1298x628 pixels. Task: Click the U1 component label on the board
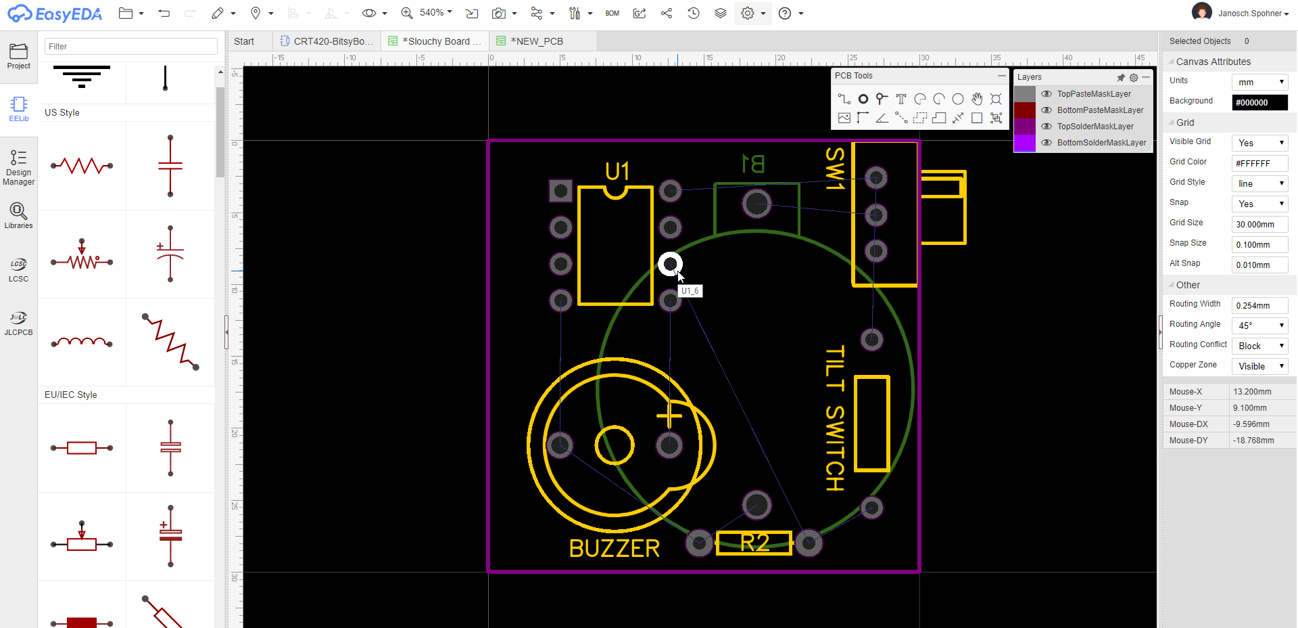617,172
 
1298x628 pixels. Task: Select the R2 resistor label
754,543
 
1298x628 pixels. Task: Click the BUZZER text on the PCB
614,548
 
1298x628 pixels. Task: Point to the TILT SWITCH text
835,418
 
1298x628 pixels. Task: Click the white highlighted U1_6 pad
670,264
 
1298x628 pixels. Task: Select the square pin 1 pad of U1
560,191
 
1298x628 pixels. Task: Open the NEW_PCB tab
537,41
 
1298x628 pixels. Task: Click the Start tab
244,41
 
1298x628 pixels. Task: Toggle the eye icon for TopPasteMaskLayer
1047,94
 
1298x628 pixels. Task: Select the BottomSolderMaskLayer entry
1101,143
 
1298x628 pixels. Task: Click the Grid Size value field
1259,224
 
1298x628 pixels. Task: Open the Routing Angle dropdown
1259,326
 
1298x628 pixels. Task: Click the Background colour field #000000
1259,102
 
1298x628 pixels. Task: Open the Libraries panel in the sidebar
18,216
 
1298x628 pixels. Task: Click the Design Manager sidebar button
18,167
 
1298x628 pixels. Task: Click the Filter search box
131,47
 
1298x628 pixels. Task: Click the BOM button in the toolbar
612,14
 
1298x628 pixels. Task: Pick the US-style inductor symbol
82,342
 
